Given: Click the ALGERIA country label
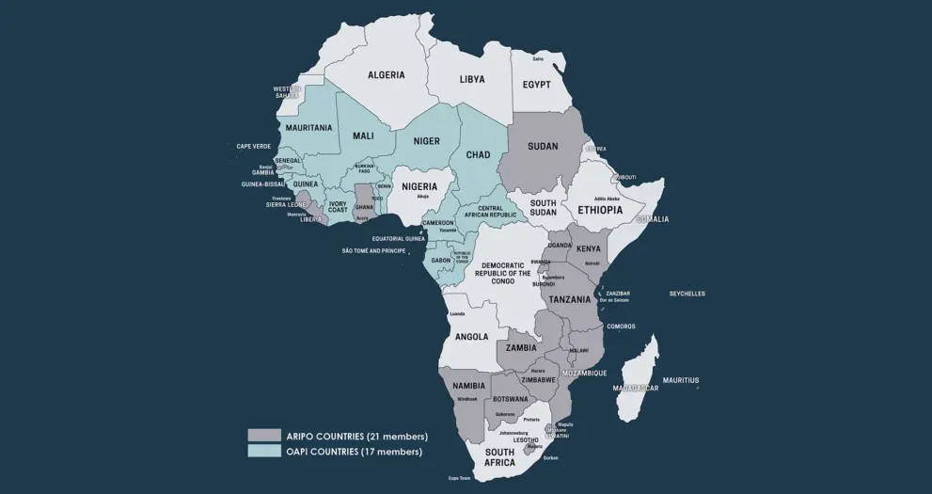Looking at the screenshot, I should click(386, 75).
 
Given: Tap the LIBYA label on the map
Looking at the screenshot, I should click(472, 80).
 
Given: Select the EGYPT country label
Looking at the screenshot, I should click(536, 85).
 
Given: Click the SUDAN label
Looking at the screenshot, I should click(543, 147).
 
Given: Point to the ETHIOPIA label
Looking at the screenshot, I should click(600, 210).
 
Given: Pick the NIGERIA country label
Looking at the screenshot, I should click(419, 186).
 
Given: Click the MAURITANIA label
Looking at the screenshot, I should click(308, 128).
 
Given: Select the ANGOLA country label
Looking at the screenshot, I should click(471, 337).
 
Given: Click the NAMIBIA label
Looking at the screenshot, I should click(468, 386).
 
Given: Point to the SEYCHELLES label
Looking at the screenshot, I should click(687, 294).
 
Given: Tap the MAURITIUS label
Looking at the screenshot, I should click(681, 380).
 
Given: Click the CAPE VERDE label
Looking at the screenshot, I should click(253, 147).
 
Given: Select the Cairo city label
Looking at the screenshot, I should click(538, 59).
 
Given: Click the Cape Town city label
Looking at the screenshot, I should click(459, 478).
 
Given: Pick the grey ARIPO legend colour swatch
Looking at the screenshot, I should click(264, 436).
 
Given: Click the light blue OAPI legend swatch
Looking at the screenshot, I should click(264, 452).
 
